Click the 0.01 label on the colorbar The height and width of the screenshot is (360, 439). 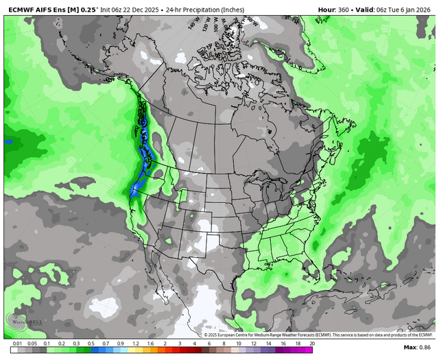[16, 343]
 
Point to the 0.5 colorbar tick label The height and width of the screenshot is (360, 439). [91, 343]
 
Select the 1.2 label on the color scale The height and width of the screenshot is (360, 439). [135, 343]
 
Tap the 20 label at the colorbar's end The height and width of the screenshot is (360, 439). [312, 343]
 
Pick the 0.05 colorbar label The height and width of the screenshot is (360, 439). [31, 343]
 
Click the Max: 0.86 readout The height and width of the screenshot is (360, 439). [418, 348]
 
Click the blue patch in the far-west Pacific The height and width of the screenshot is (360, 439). [8, 142]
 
